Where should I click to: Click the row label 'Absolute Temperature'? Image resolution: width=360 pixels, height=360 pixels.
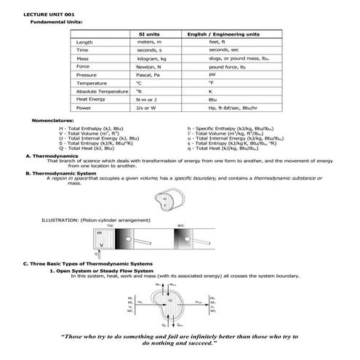101,92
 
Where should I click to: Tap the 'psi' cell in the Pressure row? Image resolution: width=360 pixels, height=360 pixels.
212,74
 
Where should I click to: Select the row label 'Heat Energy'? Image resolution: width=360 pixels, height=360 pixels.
92,100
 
